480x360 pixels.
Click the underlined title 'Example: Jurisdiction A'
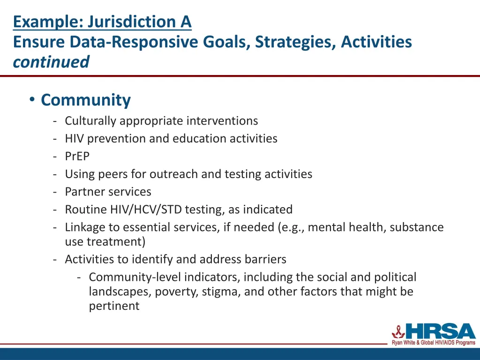[x=102, y=22]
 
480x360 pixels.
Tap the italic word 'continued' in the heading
[x=51, y=62]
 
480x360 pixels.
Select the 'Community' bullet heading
[x=85, y=100]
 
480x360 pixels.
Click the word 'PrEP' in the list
[x=77, y=157]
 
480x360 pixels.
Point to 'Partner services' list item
[x=108, y=192]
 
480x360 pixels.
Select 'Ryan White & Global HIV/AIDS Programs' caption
[x=434, y=343]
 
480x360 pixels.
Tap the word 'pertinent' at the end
[x=114, y=306]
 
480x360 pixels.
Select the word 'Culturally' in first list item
[x=90, y=121]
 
